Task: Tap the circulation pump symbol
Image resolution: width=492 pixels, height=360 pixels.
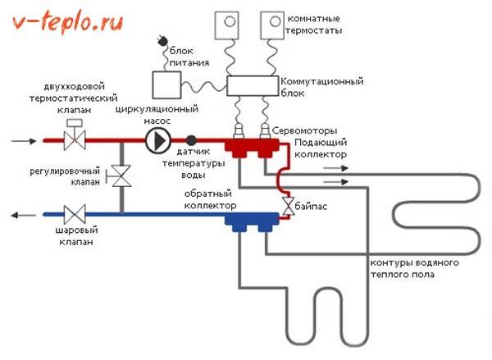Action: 157,141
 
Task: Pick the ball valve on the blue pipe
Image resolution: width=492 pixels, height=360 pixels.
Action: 75,216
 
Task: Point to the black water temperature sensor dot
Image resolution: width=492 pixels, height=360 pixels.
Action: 191,140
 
